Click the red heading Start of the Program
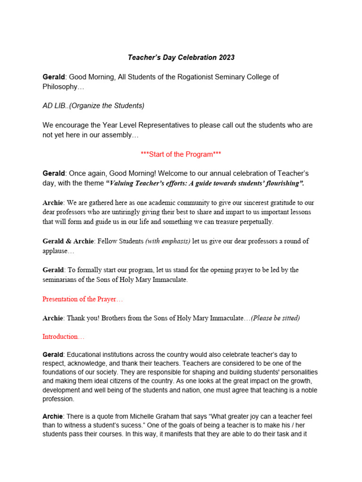click(181, 154)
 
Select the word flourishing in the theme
click(276, 183)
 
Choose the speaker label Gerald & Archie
click(68, 241)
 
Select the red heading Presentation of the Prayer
click(82, 299)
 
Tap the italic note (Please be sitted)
click(275, 318)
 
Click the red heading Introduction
click(63, 337)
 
